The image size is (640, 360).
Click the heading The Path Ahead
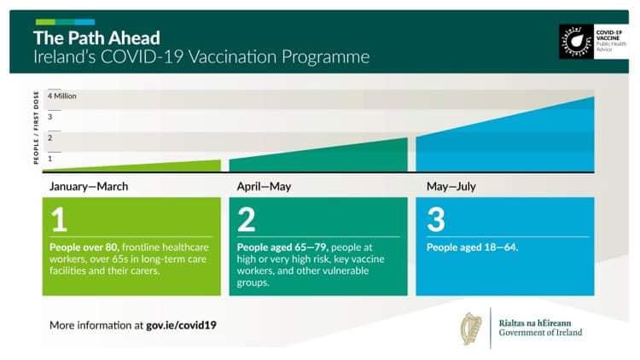coord(96,38)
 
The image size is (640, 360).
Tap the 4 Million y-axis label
coord(62,96)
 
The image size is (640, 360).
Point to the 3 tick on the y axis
coord(49,117)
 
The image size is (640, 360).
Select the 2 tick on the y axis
coord(49,137)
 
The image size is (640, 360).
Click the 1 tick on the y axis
coord(49,159)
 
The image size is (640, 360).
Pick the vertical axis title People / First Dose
coord(36,128)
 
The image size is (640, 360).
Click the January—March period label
coord(89,187)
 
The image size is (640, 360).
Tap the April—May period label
coord(264,187)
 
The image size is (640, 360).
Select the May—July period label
coord(451,187)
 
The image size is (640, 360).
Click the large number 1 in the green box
coord(59,219)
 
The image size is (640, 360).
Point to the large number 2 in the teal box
coord(246,219)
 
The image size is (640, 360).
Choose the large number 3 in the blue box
coord(436,219)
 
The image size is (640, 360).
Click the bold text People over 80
coord(84,247)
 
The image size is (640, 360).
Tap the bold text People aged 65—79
coord(282,247)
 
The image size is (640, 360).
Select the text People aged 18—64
coord(472,247)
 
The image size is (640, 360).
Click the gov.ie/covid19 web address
coord(181,325)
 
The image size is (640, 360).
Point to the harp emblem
coord(471,328)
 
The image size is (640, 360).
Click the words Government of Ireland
coord(540,333)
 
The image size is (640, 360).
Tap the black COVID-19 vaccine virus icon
coord(576,42)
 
